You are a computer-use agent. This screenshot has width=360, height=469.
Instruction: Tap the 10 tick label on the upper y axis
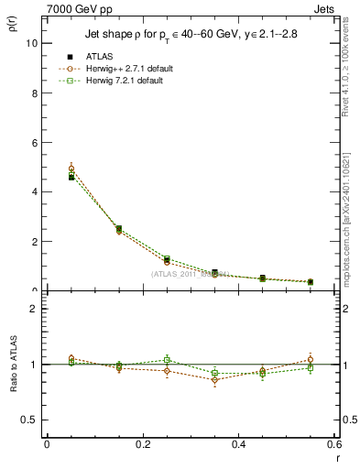[32, 43]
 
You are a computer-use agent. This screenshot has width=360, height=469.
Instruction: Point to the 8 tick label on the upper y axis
[35, 93]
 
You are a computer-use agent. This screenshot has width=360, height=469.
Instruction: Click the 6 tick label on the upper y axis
[35, 142]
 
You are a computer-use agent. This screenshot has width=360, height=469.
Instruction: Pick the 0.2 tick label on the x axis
[142, 444]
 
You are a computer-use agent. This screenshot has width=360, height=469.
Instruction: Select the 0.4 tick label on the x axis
[238, 444]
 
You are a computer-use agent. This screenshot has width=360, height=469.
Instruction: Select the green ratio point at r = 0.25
[167, 360]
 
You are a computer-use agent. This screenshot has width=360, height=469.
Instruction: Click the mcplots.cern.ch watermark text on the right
[349, 220]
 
